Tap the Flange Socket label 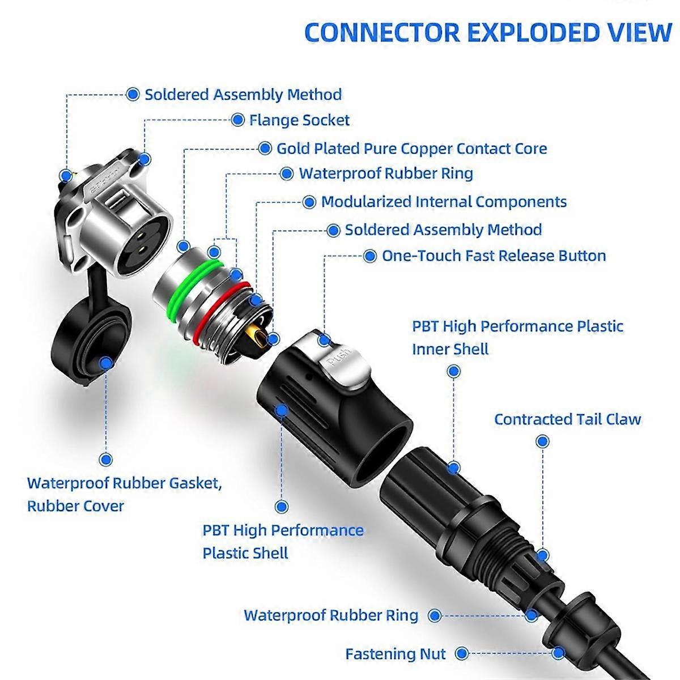point(299,120)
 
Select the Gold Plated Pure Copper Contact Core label point(411,148)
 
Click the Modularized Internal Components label point(444,202)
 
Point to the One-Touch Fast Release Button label point(494,256)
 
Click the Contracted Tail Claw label point(567,419)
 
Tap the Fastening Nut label point(396,653)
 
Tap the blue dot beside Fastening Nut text point(462,653)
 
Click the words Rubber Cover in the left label point(75,505)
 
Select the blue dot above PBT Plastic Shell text point(281,507)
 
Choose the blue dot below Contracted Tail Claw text point(543,441)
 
